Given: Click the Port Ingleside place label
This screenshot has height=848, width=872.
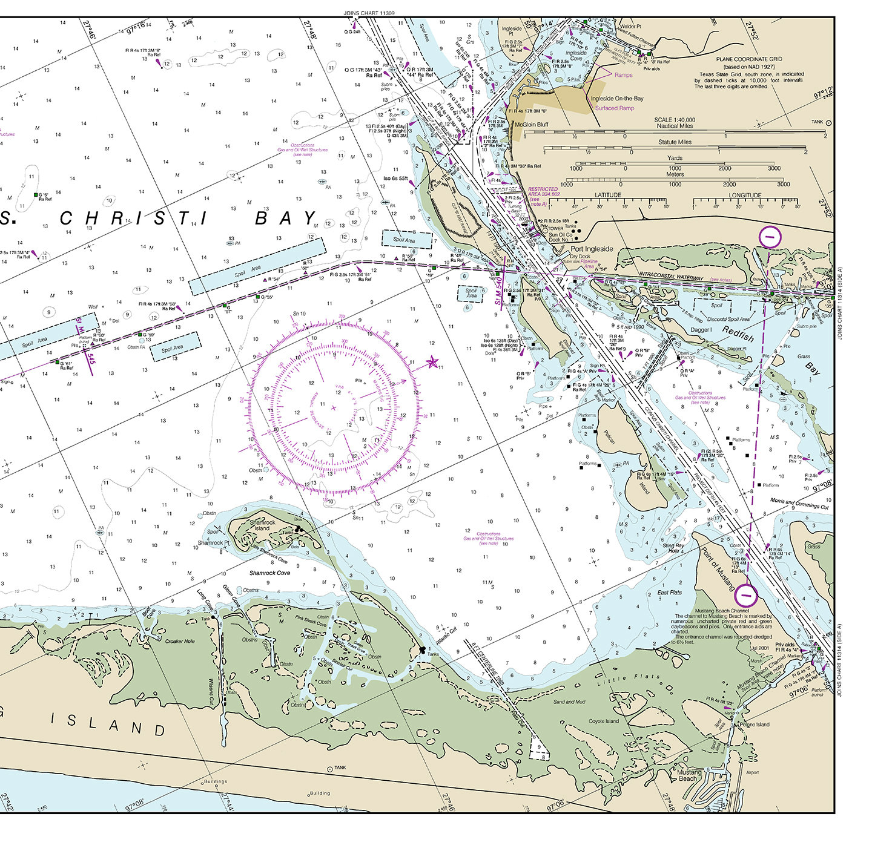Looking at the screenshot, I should pos(592,249).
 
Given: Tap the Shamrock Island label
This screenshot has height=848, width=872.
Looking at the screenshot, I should pos(262,525).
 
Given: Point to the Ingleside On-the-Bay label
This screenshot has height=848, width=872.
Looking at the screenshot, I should pos(617,98).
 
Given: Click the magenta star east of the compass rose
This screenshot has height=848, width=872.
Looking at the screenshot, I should pos(432,362).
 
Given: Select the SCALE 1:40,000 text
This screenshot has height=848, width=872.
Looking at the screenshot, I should pos(675,120).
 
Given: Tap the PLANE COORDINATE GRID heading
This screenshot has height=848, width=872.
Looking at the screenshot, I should pos(748,59).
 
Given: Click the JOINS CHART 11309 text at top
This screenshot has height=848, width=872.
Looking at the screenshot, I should pos(369,13).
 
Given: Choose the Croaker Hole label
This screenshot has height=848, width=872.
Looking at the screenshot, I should pos(180,641).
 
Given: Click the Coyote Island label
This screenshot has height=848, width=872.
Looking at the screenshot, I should pos(604,721).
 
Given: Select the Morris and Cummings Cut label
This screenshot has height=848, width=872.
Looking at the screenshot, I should pos(799,504).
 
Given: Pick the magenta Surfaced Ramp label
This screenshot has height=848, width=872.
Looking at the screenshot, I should pos(615,108).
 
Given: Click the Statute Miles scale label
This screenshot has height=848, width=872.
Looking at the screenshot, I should pos(675,142).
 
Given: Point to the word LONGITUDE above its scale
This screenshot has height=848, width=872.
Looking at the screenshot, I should pos(745,195).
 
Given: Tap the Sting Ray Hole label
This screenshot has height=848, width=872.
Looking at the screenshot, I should pos(673,548).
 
